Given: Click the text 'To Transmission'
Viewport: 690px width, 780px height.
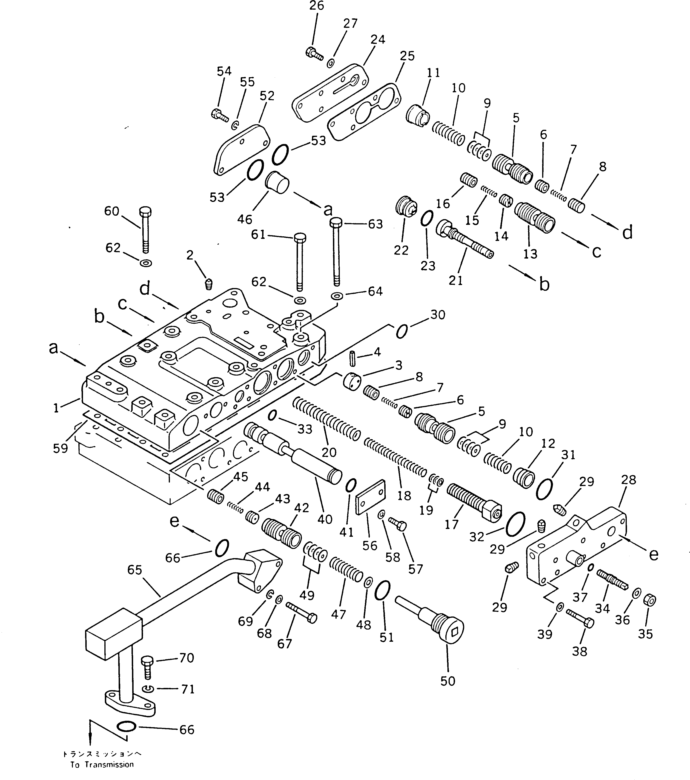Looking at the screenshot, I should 102,764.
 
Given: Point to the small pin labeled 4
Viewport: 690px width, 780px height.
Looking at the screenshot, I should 352,359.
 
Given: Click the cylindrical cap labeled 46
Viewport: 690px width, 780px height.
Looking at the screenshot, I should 277,182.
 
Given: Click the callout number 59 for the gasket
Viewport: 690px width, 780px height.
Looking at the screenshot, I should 60,448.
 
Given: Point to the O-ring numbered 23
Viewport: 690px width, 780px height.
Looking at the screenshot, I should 427,219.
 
